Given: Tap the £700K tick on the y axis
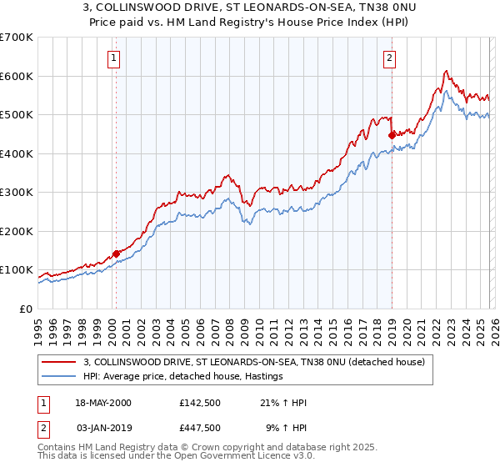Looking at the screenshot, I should pyautogui.click(x=17, y=38).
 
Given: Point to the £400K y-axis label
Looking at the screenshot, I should pyautogui.click(x=17, y=153).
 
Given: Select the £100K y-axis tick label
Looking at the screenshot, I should pyautogui.click(x=17, y=270).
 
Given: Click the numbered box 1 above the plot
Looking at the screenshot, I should pyautogui.click(x=113, y=58).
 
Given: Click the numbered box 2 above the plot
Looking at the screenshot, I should pyautogui.click(x=389, y=58).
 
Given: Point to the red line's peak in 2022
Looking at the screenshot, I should pyautogui.click(x=447, y=71).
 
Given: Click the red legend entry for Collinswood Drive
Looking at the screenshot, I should pyautogui.click(x=254, y=362).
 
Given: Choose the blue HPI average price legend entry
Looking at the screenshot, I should pyautogui.click(x=183, y=377).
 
